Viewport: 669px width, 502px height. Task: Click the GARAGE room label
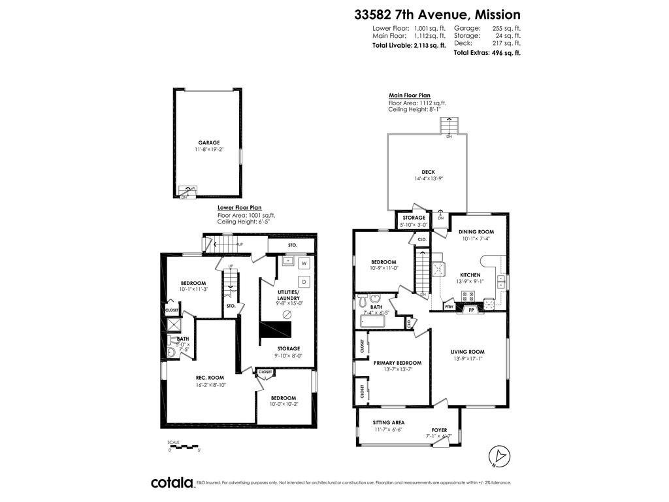pyautogui.click(x=209, y=142)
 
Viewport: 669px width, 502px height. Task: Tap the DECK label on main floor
pyautogui.click(x=428, y=172)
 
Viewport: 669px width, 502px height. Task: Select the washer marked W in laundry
pyautogui.click(x=304, y=264)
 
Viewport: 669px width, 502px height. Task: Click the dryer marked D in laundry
pyautogui.click(x=304, y=281)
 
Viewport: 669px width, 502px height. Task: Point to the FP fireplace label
pyautogui.click(x=471, y=310)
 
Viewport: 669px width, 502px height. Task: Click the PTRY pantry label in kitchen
pyautogui.click(x=449, y=306)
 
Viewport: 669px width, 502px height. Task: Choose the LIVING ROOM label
pyautogui.click(x=467, y=352)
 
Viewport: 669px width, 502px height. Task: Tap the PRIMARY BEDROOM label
pyautogui.click(x=397, y=363)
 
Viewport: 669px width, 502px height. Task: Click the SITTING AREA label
pyautogui.click(x=389, y=422)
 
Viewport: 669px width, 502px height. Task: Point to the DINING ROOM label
pyautogui.click(x=476, y=231)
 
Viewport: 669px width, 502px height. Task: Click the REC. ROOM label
pyautogui.click(x=210, y=377)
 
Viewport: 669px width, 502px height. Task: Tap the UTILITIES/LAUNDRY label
pyautogui.click(x=288, y=295)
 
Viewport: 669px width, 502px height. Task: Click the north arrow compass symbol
pyautogui.click(x=498, y=455)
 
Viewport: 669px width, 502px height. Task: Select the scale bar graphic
pyautogui.click(x=184, y=446)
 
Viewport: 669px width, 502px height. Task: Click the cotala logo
pyautogui.click(x=172, y=482)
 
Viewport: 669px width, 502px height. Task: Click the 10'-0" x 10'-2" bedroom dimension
pyautogui.click(x=284, y=405)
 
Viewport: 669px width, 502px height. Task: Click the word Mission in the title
pyautogui.click(x=497, y=14)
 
